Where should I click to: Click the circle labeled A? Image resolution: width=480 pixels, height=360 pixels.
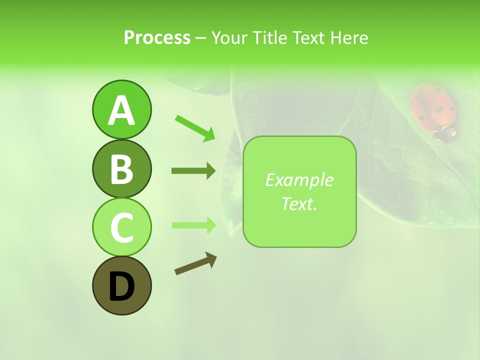click(x=121, y=109)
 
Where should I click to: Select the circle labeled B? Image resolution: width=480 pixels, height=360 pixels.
click(x=121, y=168)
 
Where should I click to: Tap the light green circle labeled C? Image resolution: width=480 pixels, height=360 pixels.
click(x=121, y=227)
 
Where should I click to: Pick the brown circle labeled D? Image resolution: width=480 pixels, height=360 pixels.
click(x=121, y=285)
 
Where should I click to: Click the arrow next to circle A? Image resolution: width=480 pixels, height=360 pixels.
click(x=195, y=127)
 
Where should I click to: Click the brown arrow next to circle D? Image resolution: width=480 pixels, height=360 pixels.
click(x=195, y=264)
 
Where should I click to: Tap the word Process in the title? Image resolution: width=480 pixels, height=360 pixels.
click(x=157, y=37)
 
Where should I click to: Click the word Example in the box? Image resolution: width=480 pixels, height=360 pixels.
click(x=299, y=180)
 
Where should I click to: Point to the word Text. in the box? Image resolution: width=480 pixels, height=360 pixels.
click(x=299, y=203)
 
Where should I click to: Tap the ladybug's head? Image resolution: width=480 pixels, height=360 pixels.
click(x=444, y=134)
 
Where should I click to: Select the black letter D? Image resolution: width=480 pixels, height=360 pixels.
click(x=121, y=286)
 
